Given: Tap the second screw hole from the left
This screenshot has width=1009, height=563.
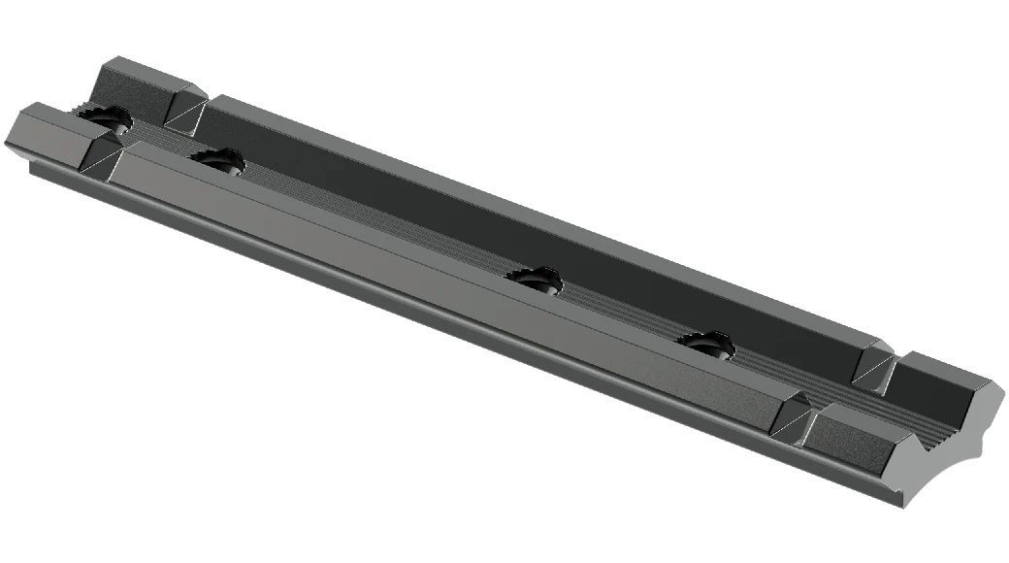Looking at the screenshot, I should (x=217, y=161).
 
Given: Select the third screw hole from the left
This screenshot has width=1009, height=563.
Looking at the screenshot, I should (x=535, y=281).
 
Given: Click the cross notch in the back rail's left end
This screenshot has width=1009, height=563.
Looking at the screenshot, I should (x=185, y=113).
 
